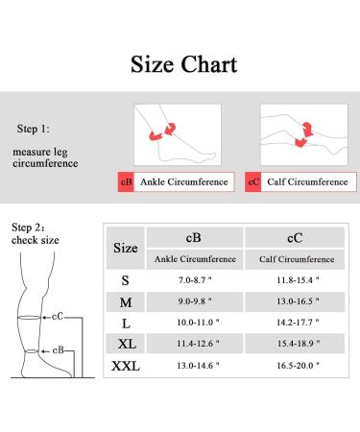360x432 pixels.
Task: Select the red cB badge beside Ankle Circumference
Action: click(126, 181)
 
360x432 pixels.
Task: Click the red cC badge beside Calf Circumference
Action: click(253, 181)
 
